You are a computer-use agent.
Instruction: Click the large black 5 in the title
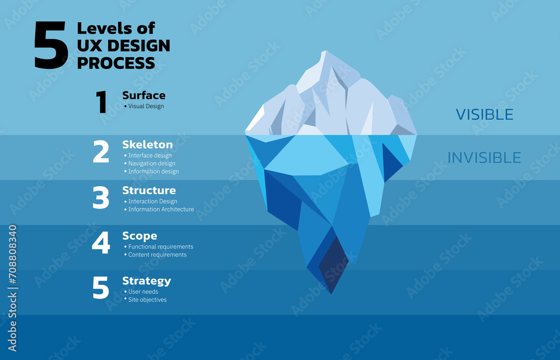tap(51, 45)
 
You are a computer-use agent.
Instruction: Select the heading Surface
tap(144, 95)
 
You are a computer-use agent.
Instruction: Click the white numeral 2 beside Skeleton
tap(101, 151)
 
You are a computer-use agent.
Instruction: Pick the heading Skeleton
tap(147, 144)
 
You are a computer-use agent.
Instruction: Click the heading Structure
tap(149, 190)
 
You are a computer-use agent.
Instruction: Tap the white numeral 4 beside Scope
tap(101, 242)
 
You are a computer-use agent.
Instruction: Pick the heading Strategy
tap(147, 281)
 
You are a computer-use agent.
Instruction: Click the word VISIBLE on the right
tap(484, 115)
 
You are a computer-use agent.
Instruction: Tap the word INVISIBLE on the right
tap(484, 157)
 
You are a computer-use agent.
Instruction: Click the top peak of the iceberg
tap(325, 51)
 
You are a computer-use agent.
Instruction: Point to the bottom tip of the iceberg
tap(331, 294)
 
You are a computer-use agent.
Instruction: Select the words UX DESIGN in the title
tap(124, 46)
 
